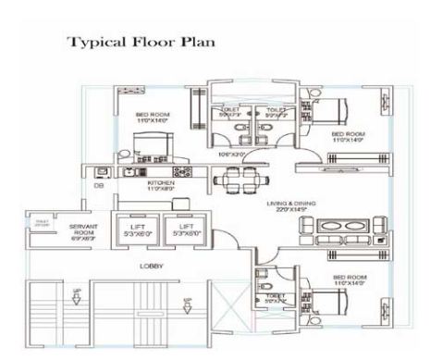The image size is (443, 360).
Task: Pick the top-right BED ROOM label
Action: click(349, 136)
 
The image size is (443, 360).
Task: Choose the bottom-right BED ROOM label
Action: click(349, 279)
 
